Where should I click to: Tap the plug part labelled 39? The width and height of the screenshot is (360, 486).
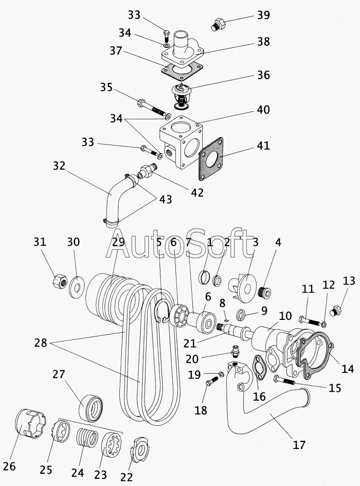click(x=217, y=24)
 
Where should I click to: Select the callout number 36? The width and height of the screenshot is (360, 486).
click(x=263, y=75)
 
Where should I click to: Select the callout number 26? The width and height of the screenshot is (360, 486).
click(x=9, y=466)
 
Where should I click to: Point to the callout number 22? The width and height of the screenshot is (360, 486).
click(x=127, y=477)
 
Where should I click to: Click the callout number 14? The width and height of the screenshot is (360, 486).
click(x=347, y=368)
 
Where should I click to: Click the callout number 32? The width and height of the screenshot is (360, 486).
click(x=59, y=167)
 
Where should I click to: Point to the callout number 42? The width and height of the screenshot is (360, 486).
click(x=197, y=193)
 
